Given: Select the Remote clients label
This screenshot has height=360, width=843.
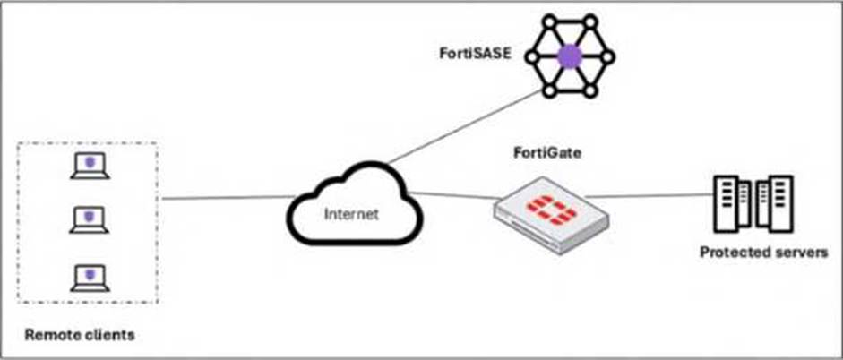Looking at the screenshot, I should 80,335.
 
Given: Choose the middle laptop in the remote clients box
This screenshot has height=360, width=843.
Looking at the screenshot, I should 89,219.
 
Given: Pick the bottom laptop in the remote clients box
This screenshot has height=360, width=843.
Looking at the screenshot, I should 89,277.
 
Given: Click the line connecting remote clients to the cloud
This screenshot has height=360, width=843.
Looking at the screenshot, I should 224,198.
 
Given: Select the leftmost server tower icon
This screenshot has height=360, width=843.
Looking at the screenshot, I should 725,203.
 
